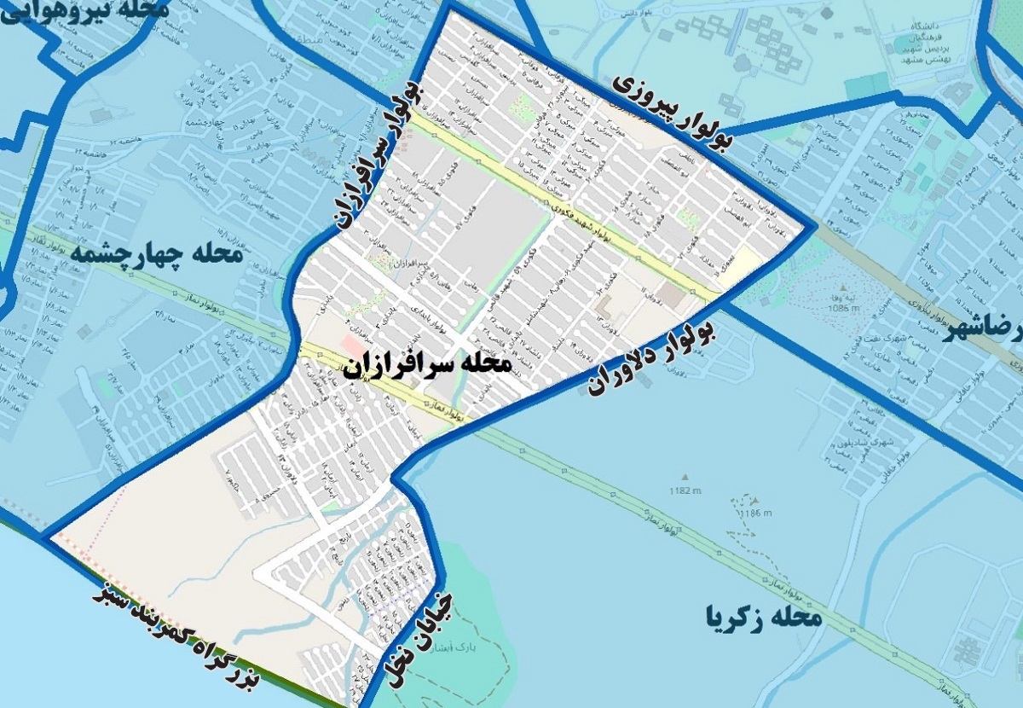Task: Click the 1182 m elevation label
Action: click(685, 490)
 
